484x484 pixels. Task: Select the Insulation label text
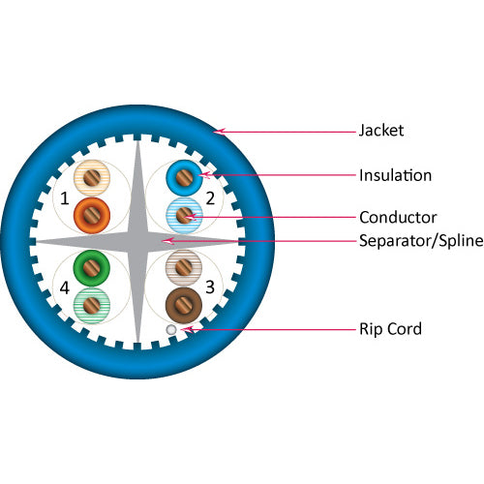point(396,175)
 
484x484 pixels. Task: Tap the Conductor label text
point(398,217)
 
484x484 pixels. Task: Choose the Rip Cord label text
point(390,329)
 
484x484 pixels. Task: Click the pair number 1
point(64,198)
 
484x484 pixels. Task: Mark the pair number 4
point(64,287)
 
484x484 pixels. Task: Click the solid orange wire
point(92,213)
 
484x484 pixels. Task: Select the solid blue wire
point(183,178)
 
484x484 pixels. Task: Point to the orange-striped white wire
point(92,178)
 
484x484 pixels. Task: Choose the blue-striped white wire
point(183,213)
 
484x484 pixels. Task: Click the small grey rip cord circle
point(172,330)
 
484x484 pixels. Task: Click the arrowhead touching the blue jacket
point(221,131)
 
